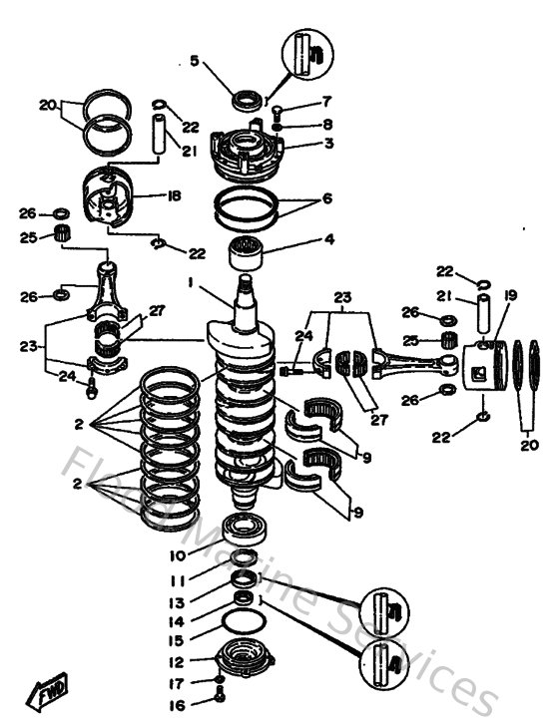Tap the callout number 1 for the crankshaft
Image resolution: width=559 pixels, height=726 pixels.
tap(189, 283)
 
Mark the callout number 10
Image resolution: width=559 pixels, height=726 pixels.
tap(177, 554)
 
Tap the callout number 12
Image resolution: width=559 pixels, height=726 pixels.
tap(177, 662)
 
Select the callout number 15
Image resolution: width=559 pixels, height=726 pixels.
tap(177, 640)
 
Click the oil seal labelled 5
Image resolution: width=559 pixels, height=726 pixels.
tap(245, 100)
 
